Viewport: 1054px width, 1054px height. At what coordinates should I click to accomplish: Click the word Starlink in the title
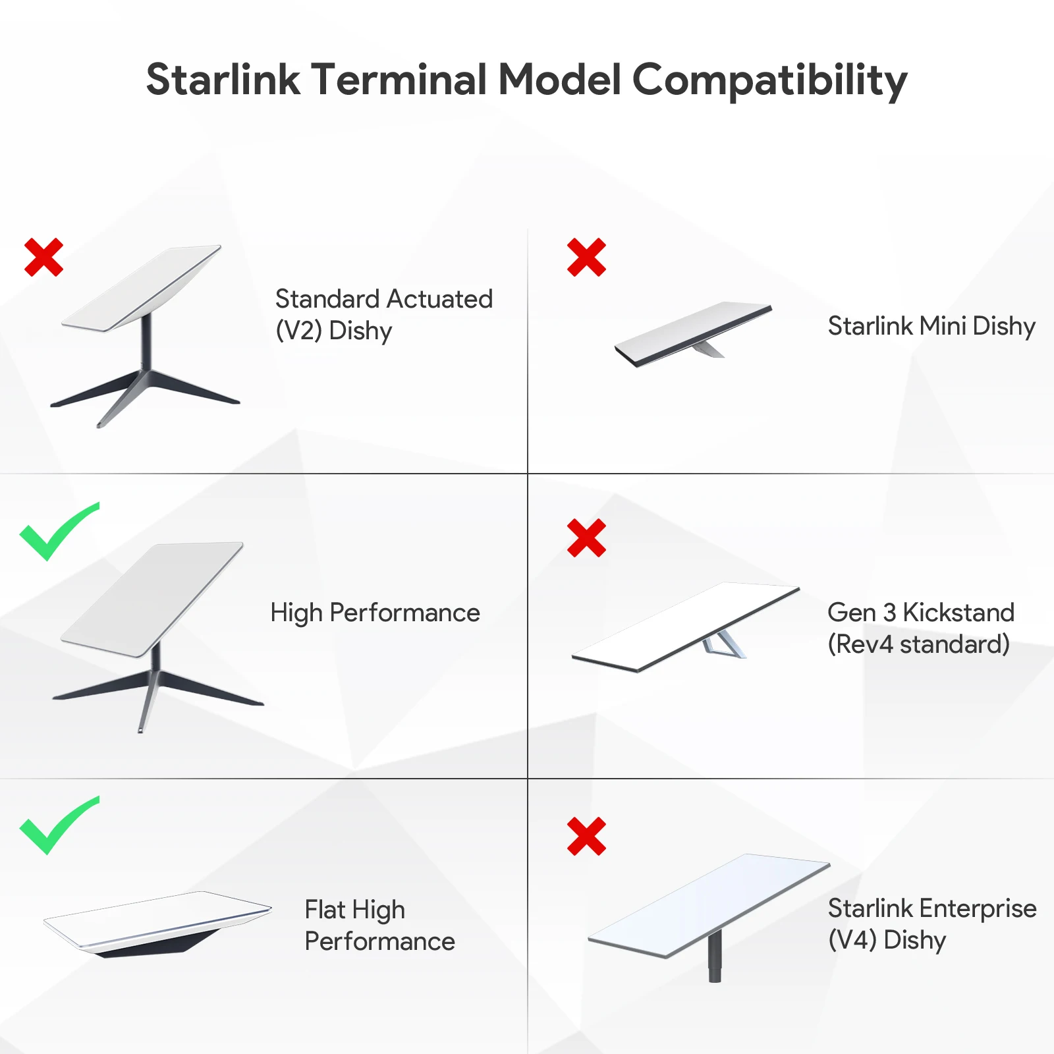pyautogui.click(x=223, y=80)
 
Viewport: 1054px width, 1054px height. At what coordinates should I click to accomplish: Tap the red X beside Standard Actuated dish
pyautogui.click(x=43, y=257)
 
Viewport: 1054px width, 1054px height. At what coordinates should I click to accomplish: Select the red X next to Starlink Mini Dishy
pyautogui.click(x=586, y=257)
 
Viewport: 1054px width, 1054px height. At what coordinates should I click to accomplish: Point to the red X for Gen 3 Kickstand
pyautogui.click(x=586, y=538)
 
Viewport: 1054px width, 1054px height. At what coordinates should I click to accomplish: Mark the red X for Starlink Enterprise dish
pyautogui.click(x=586, y=837)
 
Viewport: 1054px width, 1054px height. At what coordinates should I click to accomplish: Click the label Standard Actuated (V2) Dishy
pyautogui.click(x=383, y=315)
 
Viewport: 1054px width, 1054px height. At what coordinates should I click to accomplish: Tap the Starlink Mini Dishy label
pyautogui.click(x=931, y=326)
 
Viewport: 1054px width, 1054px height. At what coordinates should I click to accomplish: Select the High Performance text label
pyautogui.click(x=375, y=613)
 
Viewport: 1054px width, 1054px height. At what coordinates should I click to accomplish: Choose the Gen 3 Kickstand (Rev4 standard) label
pyautogui.click(x=920, y=628)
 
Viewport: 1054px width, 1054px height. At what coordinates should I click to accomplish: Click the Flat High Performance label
pyautogui.click(x=379, y=926)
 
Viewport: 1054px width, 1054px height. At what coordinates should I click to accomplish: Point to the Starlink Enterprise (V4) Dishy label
pyautogui.click(x=931, y=924)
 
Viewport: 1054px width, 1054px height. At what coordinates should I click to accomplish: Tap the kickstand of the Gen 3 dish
pyautogui.click(x=723, y=644)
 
